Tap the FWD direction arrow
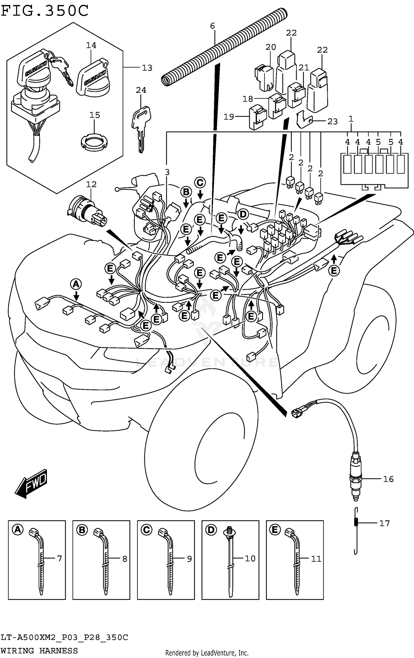31,484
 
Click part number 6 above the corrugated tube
212,26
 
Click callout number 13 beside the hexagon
147,68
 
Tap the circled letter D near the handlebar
243,214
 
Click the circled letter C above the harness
200,183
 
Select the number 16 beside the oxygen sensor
388,479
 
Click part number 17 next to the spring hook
384,523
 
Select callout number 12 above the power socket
91,184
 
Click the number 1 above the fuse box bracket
351,119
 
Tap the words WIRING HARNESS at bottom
39,651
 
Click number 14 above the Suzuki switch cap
91,45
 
